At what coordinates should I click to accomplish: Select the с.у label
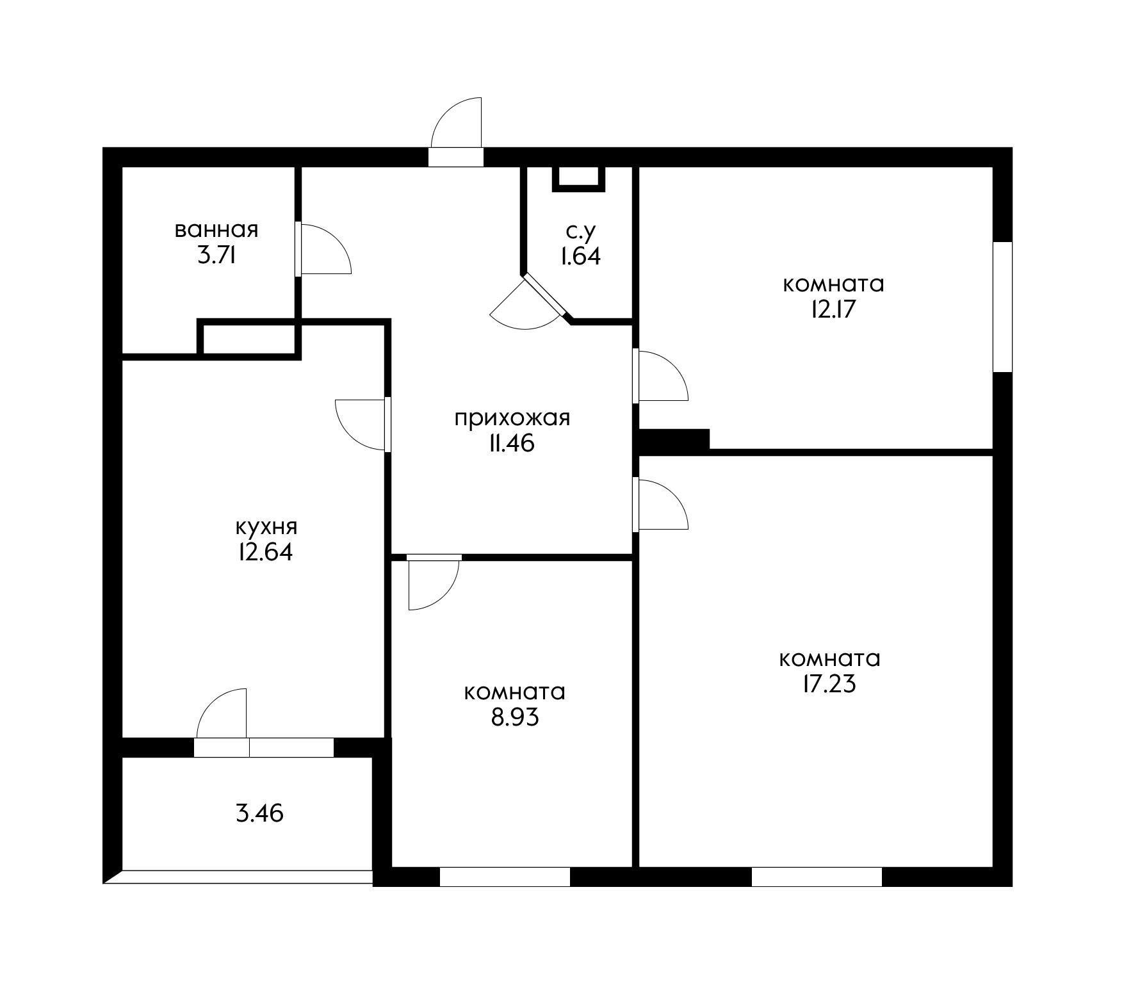pos(580,231)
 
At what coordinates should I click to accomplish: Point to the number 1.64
pos(580,256)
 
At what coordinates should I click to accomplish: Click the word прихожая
pos(512,418)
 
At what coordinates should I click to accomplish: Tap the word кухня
pos(266,526)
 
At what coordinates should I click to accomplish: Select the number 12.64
pos(265,552)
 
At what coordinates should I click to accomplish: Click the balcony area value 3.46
pos(259,813)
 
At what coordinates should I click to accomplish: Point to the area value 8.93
pos(514,717)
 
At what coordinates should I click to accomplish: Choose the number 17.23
pos(828,685)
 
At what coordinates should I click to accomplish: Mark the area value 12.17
pos(833,309)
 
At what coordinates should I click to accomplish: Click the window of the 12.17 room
pos(1002,306)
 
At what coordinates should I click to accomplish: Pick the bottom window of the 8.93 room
pos(505,876)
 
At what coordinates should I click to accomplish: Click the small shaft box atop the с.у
pos(579,178)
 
